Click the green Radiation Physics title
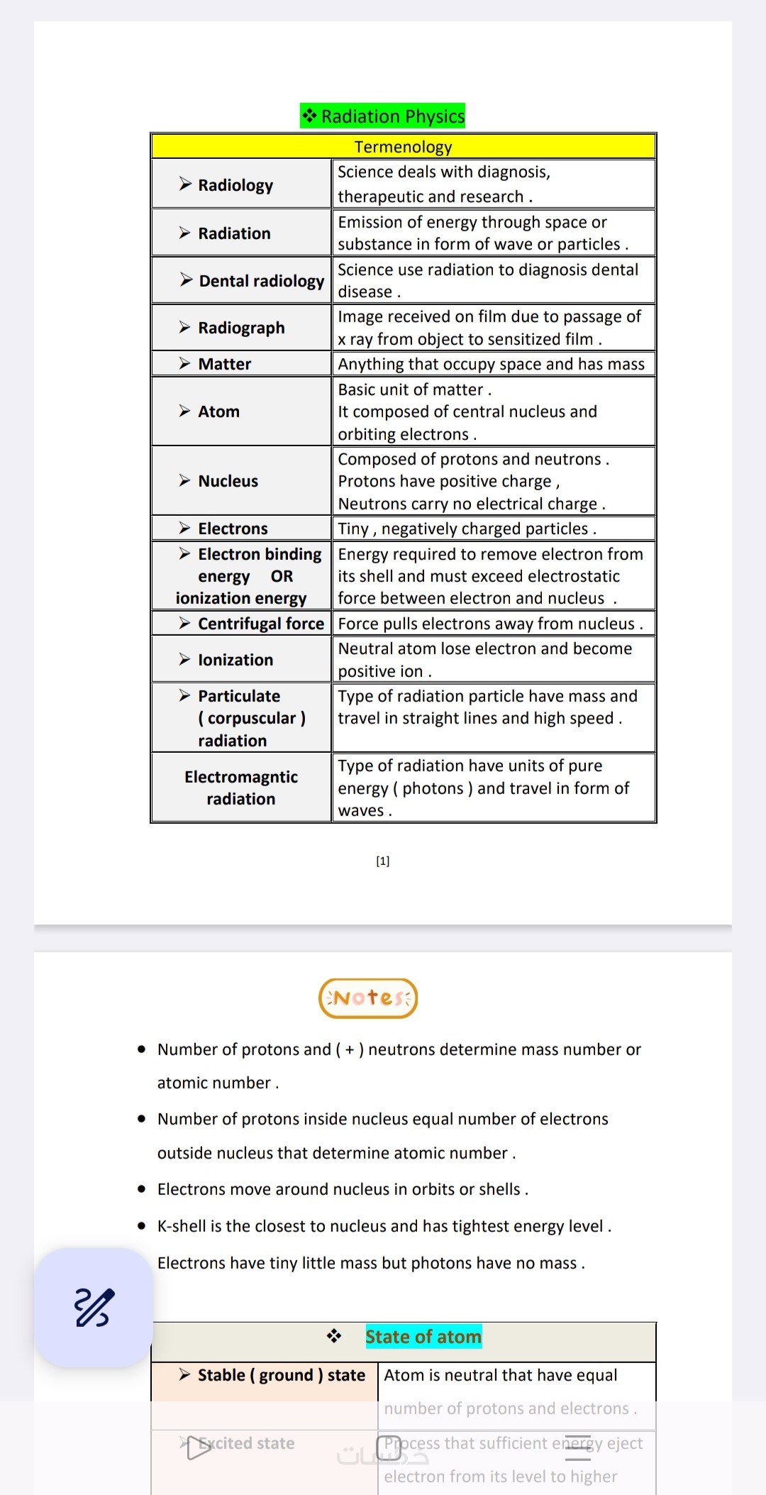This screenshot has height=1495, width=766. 383,116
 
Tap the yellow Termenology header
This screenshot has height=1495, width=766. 403,147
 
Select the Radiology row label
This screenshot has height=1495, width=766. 235,185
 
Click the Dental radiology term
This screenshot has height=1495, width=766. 261,281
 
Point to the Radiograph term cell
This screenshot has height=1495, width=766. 241,328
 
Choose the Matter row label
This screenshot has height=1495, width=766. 224,364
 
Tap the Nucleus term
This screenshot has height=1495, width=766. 228,481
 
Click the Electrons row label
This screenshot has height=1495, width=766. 233,529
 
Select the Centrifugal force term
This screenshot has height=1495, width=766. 260,624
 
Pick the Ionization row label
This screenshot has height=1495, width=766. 235,660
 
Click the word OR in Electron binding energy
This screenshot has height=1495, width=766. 282,576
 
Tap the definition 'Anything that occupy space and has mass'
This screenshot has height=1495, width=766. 491,364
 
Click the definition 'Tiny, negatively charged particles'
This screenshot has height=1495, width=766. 467,529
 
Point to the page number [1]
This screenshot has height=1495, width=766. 383,861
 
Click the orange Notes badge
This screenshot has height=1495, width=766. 368,998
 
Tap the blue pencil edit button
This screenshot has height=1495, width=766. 94,1307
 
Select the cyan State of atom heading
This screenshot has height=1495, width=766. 423,1337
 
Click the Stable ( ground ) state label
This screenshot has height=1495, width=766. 281,1375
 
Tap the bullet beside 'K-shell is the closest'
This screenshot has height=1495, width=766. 142,1225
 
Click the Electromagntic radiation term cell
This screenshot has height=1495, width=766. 241,788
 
